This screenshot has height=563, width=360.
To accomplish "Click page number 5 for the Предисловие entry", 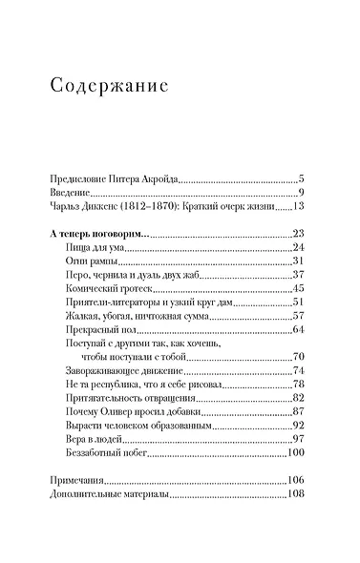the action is coord(300,178).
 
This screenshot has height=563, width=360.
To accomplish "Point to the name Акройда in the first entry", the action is coord(158,178).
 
